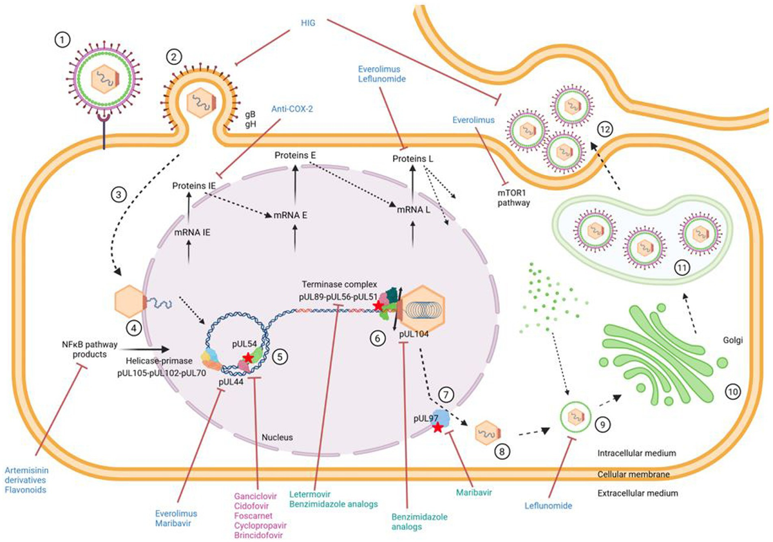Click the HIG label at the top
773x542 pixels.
coord(308,23)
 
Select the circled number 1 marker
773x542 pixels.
coord(62,41)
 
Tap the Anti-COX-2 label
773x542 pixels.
coord(292,109)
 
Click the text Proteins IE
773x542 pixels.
coord(194,186)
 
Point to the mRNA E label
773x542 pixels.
coord(291,216)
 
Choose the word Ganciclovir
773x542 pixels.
coord(255,496)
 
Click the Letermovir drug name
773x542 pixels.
coord(310,494)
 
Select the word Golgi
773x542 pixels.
coord(732,341)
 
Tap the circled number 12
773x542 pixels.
coord(606,129)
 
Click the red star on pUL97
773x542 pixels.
coord(437,428)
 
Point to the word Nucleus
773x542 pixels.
coord(277,437)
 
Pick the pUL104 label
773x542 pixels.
coord(414,334)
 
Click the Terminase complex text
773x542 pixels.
coord(339,285)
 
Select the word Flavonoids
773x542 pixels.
coord(25,490)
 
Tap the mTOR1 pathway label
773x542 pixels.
coord(513,198)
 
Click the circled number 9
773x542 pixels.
coord(603,424)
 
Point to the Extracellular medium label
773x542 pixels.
coord(638,493)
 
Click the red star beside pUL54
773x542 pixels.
coord(247,358)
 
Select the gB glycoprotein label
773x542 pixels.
coord(250,115)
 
